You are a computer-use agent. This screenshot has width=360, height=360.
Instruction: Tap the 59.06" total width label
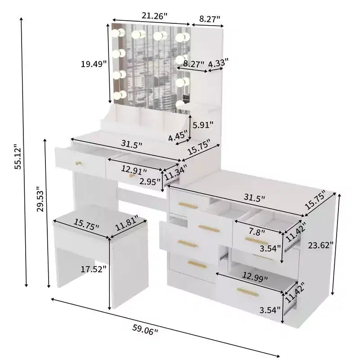tap(145, 330)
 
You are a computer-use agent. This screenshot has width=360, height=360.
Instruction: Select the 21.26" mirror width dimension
tap(154, 16)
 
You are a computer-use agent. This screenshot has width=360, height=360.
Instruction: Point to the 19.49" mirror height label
tap(94, 64)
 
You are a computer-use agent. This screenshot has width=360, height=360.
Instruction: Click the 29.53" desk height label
tap(40, 199)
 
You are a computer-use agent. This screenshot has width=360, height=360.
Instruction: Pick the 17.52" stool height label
tap(94, 269)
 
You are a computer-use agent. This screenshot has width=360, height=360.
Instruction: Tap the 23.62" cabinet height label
tap(320, 245)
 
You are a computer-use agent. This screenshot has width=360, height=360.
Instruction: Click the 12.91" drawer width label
tap(134, 170)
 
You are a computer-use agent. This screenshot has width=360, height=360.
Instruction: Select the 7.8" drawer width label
tap(257, 232)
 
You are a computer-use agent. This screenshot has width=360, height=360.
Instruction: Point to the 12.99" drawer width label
tap(255, 277)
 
